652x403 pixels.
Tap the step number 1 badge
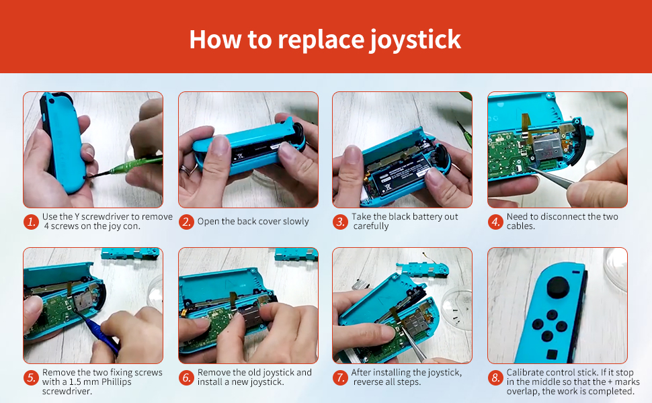click(x=31, y=222)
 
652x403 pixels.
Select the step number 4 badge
click(x=495, y=222)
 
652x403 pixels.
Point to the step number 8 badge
click(x=495, y=378)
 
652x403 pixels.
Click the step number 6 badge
click(x=186, y=378)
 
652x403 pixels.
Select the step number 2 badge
click(x=186, y=222)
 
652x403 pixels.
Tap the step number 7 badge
click(x=341, y=378)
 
